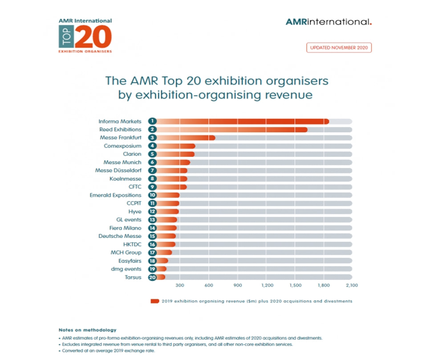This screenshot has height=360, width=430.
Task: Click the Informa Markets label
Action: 120,121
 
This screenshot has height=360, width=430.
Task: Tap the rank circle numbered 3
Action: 153,138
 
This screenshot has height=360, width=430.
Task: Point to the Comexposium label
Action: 123,146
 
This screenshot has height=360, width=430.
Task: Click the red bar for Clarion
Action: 176,154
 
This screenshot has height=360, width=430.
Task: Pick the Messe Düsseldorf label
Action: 118,171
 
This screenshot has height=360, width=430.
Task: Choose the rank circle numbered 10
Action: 153,195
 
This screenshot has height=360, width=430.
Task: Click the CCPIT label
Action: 134,203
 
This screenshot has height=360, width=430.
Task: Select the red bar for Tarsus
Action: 161,277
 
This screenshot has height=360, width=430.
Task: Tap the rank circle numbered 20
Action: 153,277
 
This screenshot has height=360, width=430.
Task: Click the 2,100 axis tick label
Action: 352,285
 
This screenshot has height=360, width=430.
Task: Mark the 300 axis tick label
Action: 180,285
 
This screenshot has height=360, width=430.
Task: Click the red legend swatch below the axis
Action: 155,301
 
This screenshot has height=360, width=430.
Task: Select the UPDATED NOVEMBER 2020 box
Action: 339,47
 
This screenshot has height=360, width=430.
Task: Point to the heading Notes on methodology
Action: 87,330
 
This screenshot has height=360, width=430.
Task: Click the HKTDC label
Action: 132,244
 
